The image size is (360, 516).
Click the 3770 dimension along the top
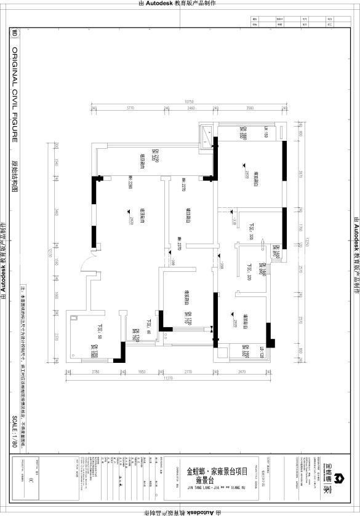[130, 108]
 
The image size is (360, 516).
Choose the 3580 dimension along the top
[249, 108]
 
